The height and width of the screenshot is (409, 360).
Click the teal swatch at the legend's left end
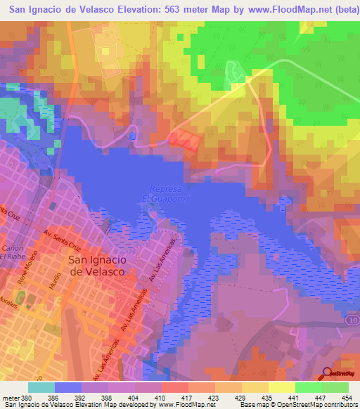(41, 387)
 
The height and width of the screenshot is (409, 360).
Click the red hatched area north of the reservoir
(185, 138)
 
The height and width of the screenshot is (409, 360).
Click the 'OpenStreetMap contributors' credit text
(324, 405)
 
